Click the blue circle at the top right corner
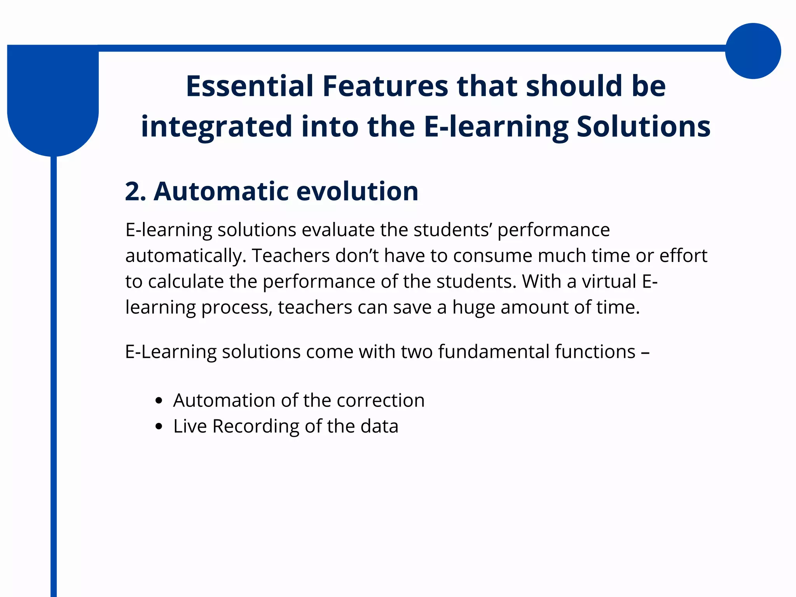pos(753,51)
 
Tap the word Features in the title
pos(385,86)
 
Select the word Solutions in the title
pos(643,126)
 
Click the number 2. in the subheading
pos(135,191)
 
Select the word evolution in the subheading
pos(357,191)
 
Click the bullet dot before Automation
pos(158,401)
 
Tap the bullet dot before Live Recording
pos(158,426)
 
